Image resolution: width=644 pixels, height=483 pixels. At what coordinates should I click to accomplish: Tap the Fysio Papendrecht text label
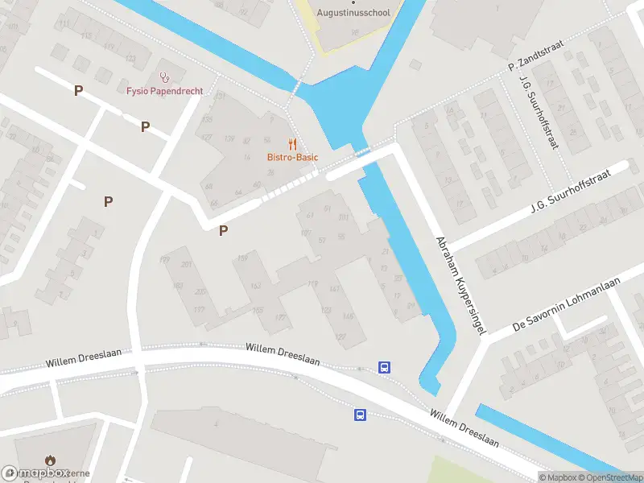click(164, 91)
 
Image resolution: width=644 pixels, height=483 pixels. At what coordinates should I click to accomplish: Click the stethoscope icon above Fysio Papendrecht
click(165, 77)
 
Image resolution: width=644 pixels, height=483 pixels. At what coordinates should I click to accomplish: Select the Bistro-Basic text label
click(293, 157)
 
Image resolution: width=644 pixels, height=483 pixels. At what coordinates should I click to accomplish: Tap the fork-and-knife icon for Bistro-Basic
click(293, 144)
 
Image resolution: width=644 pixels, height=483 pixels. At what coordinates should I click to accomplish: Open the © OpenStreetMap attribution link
click(609, 477)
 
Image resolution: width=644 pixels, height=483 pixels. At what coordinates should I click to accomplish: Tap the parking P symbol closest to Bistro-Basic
click(224, 231)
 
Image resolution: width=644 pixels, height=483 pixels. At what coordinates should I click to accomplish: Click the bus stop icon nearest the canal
click(386, 367)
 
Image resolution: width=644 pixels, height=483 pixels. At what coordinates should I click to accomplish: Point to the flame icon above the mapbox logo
click(50, 461)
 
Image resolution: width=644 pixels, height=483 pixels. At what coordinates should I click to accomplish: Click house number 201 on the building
click(188, 265)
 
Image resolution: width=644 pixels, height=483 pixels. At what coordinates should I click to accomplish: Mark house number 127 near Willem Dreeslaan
click(341, 336)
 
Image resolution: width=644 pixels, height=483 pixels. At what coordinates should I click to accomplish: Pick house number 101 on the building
click(343, 217)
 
